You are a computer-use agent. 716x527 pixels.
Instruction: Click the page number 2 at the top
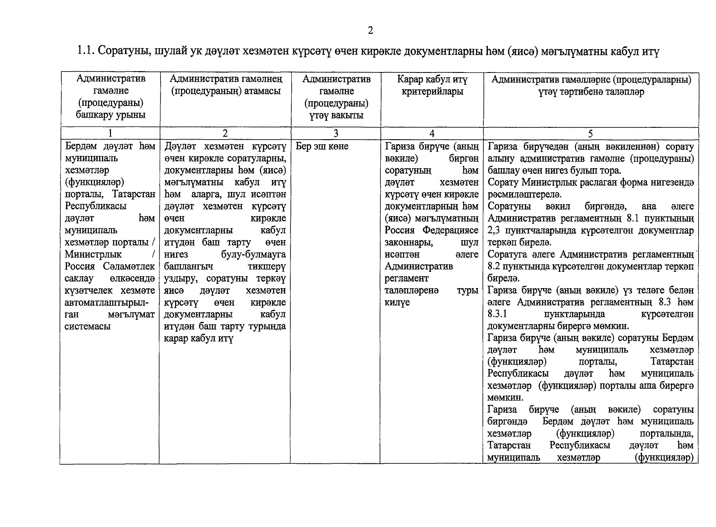(x=370, y=30)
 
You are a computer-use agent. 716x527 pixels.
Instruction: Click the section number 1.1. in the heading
(x=86, y=52)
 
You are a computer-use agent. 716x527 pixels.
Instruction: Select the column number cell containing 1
(x=110, y=134)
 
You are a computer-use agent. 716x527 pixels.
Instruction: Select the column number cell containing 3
(x=336, y=134)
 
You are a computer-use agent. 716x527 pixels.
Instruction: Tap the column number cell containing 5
(x=591, y=134)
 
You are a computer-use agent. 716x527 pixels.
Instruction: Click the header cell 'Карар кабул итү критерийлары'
(x=432, y=86)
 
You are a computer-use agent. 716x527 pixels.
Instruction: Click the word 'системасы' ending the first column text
(x=87, y=326)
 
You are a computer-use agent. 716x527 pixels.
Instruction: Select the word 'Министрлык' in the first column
(x=93, y=254)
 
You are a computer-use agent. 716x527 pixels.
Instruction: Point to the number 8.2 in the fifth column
(x=496, y=267)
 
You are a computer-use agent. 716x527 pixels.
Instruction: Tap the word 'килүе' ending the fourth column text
(x=397, y=303)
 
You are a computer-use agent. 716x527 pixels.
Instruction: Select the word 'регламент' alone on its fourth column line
(x=406, y=278)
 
